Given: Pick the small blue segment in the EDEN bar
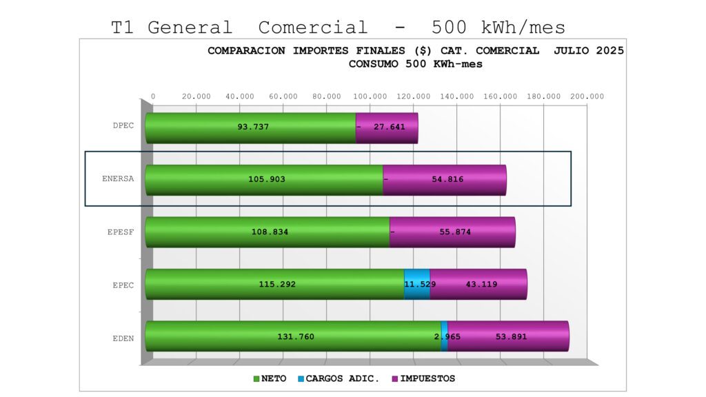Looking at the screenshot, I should click(444, 336).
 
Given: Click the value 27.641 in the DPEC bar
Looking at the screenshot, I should click(390, 128).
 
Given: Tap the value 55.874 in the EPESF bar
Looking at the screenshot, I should click(455, 232).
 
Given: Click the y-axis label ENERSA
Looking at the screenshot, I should click(118, 179).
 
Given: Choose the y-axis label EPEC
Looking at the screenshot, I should click(123, 285).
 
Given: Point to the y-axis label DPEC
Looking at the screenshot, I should click(123, 125).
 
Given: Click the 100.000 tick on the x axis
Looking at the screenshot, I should click(372, 96).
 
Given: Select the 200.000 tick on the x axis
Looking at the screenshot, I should click(588, 96).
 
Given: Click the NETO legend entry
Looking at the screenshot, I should click(270, 378).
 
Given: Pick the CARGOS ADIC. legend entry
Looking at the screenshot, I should click(339, 378).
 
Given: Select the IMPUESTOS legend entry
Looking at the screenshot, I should click(423, 378).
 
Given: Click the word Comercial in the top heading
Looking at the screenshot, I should click(313, 28).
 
